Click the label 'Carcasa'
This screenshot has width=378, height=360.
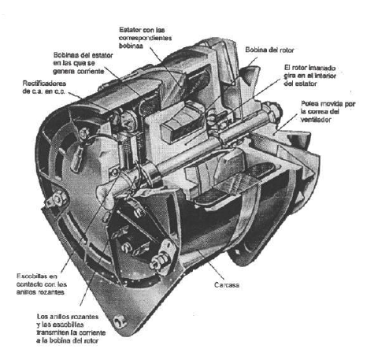227,285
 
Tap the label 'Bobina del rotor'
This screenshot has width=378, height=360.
269,50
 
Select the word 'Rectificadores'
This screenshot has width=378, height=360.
44,84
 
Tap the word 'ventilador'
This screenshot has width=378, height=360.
316,120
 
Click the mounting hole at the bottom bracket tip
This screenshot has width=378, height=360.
120,322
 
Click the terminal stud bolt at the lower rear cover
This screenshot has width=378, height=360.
158,260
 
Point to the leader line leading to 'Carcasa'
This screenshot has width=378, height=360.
210,265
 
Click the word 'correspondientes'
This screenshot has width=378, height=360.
145,38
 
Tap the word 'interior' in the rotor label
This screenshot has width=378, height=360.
325,76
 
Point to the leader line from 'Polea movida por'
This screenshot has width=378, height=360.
287,123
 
